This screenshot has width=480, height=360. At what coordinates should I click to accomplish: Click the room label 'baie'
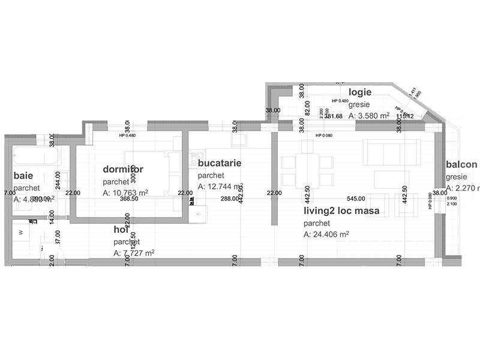(23, 176)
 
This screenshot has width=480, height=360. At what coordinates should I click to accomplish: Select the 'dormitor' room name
(123, 169)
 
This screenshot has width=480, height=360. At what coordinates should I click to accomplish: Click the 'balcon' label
(461, 165)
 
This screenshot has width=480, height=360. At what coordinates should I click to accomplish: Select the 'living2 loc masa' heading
(341, 211)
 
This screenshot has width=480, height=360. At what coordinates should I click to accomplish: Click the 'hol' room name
(122, 230)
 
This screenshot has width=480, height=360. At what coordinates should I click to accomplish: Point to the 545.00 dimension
(356, 199)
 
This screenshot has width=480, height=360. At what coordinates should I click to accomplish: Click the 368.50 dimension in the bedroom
(130, 199)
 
